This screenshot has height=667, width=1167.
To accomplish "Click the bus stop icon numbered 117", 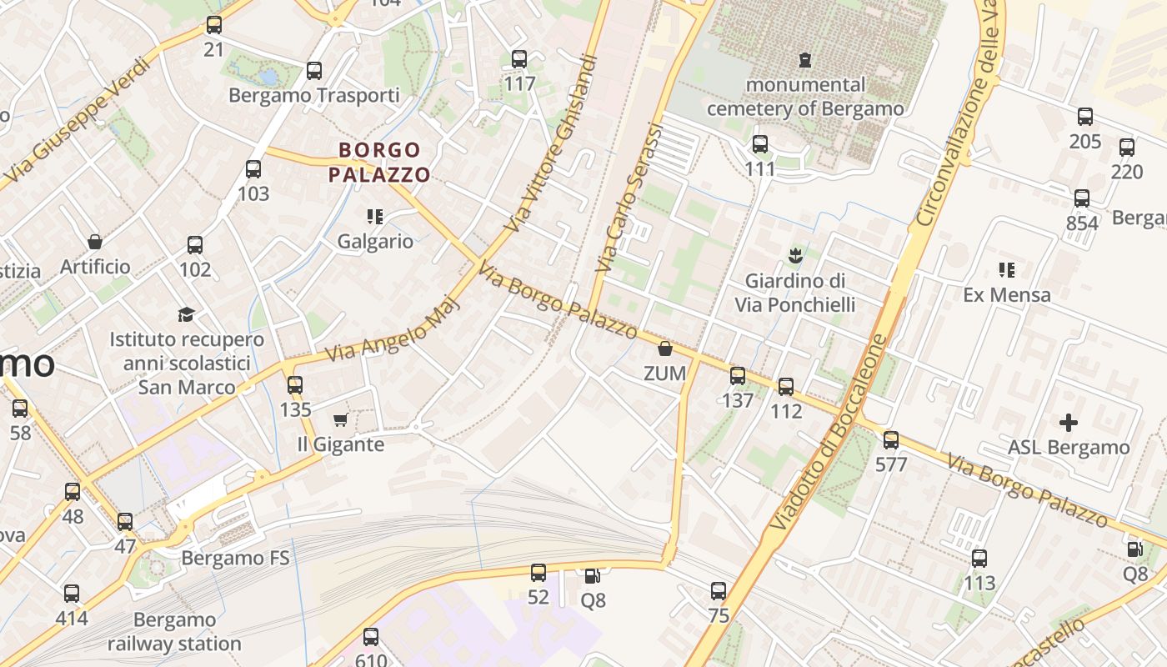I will click(x=519, y=59).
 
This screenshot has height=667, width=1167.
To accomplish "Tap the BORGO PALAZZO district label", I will click(x=379, y=163).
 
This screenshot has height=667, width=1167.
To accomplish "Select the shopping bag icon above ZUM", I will click(x=664, y=349).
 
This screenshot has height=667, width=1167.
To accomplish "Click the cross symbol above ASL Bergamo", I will click(x=1068, y=423).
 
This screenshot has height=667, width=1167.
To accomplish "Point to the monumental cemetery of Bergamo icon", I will click(x=804, y=60).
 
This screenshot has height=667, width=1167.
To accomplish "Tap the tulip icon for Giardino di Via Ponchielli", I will click(x=794, y=254).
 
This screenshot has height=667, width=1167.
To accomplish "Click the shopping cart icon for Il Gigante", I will click(x=340, y=419).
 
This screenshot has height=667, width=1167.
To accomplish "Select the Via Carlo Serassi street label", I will click(x=629, y=198).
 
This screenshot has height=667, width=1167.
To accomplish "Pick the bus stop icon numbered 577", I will click(x=891, y=439).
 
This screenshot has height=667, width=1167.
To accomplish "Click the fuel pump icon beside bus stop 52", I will click(x=591, y=574).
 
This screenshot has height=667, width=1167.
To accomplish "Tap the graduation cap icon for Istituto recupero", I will click(x=186, y=314).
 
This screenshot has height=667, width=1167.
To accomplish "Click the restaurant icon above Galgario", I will click(x=375, y=217).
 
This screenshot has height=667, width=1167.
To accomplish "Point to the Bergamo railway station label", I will click(x=174, y=632).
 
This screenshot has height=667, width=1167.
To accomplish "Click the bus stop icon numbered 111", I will click(x=759, y=144).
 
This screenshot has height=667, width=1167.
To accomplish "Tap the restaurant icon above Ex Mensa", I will click(x=1006, y=270).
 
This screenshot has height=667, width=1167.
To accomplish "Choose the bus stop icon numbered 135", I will click(x=294, y=385).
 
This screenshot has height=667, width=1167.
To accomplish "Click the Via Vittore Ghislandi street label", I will click(x=552, y=143).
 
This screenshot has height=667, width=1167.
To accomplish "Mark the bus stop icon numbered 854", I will click(x=1082, y=198).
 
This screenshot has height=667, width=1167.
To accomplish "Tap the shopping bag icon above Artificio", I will click(x=95, y=242).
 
